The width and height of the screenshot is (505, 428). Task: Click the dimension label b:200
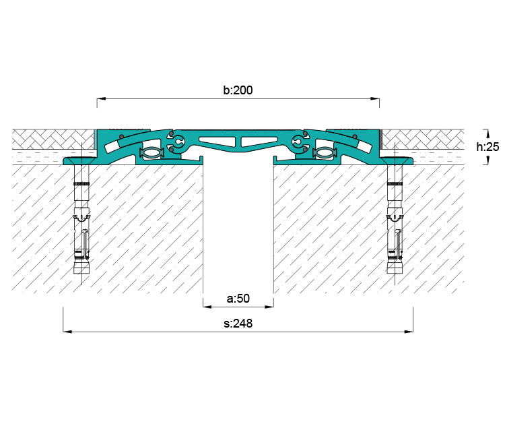[x=238, y=90]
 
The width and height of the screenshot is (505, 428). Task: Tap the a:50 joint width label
[x=238, y=299]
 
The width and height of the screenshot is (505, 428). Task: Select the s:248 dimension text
[x=238, y=324]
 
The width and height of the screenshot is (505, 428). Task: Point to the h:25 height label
[x=487, y=147]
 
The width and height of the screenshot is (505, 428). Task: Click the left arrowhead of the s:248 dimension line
[x=67, y=332]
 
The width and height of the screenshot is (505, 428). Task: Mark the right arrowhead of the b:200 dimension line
[x=375, y=98]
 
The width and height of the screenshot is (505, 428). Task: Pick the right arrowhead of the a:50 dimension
[x=269, y=307]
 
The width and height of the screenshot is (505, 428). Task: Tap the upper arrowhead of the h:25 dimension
[x=487, y=133]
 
